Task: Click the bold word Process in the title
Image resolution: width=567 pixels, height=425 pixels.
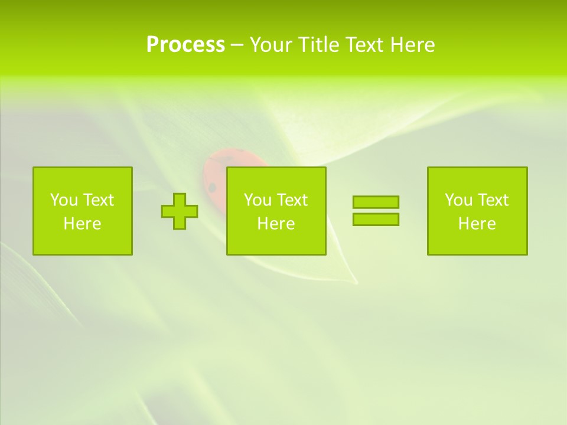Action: (185, 45)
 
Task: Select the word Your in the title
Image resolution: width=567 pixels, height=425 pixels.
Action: (272, 45)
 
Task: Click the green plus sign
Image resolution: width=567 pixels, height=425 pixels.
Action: (180, 211)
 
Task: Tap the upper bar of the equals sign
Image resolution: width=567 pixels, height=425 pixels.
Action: (376, 202)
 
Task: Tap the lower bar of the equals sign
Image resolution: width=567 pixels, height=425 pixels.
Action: (376, 219)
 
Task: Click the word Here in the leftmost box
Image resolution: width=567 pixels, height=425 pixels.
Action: (82, 224)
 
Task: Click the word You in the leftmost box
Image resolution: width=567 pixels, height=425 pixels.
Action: (64, 200)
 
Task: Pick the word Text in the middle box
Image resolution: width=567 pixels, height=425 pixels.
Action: (292, 200)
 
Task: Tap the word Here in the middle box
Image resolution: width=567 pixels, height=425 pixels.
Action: (276, 224)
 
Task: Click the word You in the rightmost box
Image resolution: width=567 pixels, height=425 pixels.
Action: (458, 200)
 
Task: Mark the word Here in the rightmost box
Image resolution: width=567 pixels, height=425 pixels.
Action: (477, 224)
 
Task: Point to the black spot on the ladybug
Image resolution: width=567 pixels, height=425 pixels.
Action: (212, 188)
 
